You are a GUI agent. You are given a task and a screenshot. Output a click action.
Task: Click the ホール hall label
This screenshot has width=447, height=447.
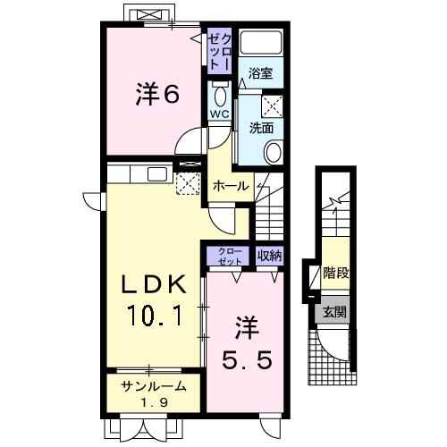(230, 186)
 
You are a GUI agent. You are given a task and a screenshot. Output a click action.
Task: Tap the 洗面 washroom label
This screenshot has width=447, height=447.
(261, 126)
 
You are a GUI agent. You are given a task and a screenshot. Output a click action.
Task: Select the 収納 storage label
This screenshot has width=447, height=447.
(269, 256)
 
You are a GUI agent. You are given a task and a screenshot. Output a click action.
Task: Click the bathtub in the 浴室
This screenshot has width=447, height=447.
(263, 44)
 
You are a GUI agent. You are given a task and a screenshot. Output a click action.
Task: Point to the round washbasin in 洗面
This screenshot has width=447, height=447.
(274, 151)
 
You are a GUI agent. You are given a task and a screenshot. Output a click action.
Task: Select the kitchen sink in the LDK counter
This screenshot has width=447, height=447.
(157, 173)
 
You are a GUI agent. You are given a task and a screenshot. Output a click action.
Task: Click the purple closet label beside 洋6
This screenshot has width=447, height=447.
(220, 53)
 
